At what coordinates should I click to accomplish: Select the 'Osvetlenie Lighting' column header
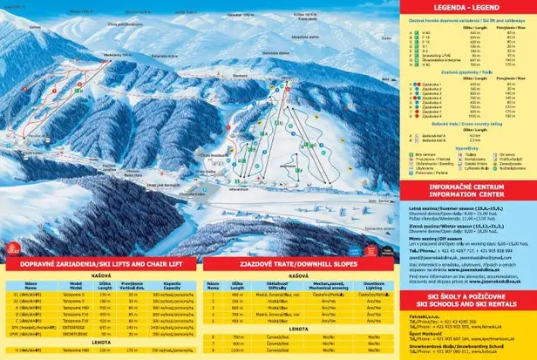(x=373, y=261)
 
